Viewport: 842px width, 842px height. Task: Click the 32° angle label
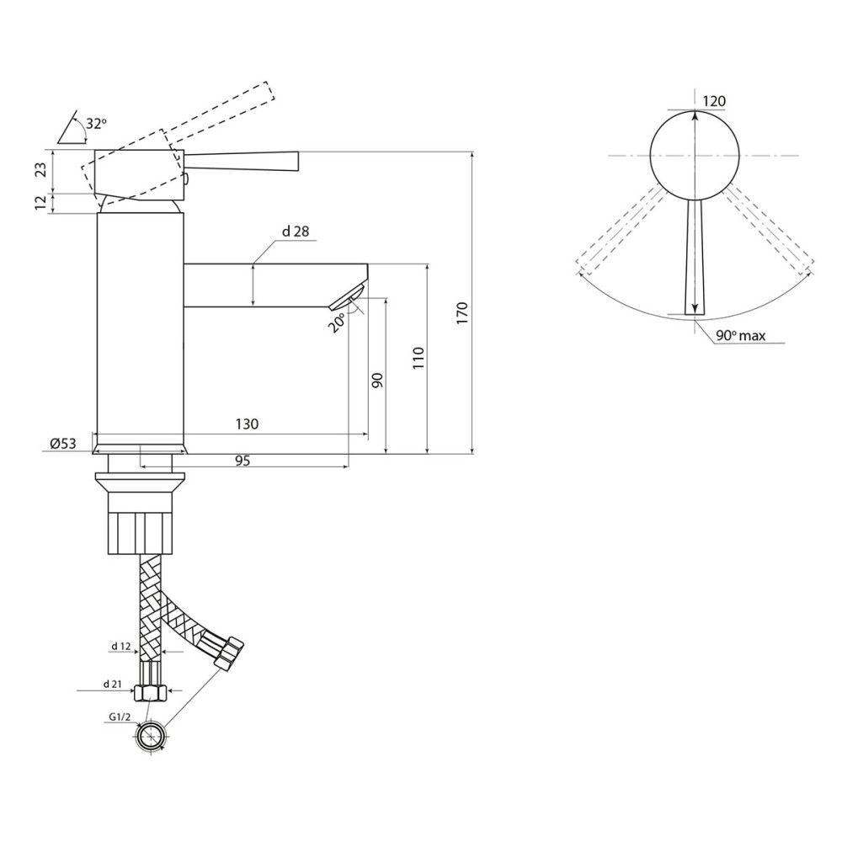[96, 124]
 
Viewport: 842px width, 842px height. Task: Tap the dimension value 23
[41, 170]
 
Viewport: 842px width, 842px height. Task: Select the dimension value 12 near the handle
[41, 203]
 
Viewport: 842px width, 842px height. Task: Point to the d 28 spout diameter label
[296, 232]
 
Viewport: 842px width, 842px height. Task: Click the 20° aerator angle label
[337, 323]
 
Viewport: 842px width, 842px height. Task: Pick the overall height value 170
[462, 313]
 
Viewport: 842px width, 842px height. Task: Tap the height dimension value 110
[418, 358]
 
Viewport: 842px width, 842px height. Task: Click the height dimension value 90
[377, 381]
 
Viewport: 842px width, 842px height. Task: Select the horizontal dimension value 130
[247, 424]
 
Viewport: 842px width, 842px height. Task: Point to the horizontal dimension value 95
[242, 461]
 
